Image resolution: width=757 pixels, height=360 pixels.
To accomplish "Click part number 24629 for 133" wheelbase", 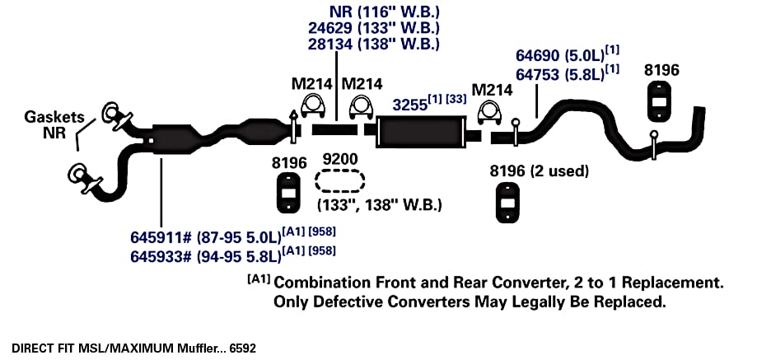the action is coord(330,27).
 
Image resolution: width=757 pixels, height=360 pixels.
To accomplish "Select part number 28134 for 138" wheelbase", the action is coord(330,44).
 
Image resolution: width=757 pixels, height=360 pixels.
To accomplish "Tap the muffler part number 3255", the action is coord(410,105).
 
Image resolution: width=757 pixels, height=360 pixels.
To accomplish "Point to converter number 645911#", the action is coord(161,237).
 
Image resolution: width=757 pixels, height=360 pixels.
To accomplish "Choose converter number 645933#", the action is coord(161,256).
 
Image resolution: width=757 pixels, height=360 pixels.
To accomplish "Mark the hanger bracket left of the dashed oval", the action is coord(288,193).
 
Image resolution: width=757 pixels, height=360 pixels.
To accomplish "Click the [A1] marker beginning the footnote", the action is coord(259,279).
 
